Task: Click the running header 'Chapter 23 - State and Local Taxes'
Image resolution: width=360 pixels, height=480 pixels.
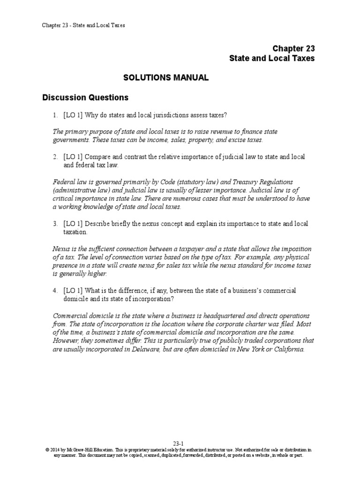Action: tap(83, 25)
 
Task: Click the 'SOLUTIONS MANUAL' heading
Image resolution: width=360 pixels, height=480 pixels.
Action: tap(166, 78)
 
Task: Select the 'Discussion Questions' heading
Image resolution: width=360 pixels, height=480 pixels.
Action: tap(85, 98)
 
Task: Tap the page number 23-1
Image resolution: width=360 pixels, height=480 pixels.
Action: tap(180, 442)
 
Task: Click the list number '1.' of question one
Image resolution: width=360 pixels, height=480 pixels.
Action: tap(55, 115)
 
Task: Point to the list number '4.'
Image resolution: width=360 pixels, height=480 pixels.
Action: tap(55, 291)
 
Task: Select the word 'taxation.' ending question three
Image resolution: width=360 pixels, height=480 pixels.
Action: tap(75, 232)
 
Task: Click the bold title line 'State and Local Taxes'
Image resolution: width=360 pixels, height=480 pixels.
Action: tap(272, 59)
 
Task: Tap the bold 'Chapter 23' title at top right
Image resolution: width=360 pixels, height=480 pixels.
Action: tap(294, 49)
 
